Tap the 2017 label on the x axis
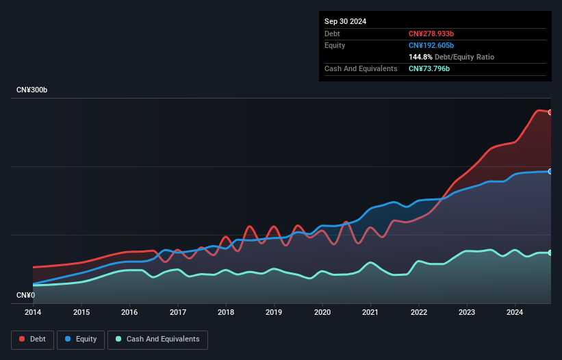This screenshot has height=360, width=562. coord(178,313)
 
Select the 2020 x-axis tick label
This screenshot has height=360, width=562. coord(322,313)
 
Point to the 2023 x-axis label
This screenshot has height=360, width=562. coord(467,313)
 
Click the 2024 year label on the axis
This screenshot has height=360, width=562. coord(515,313)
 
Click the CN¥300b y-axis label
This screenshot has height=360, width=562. coord(31,90)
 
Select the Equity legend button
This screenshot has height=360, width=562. coord(81,339)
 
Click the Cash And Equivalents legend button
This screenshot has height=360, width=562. coord(157,339)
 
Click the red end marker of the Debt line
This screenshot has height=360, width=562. coord(550,112)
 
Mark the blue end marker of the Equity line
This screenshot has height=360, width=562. coord(550,171)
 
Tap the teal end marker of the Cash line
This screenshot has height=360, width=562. coord(550,253)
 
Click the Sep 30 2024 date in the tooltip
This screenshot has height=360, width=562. coord(346,21)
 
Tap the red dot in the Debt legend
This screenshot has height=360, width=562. coord(23,339)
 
